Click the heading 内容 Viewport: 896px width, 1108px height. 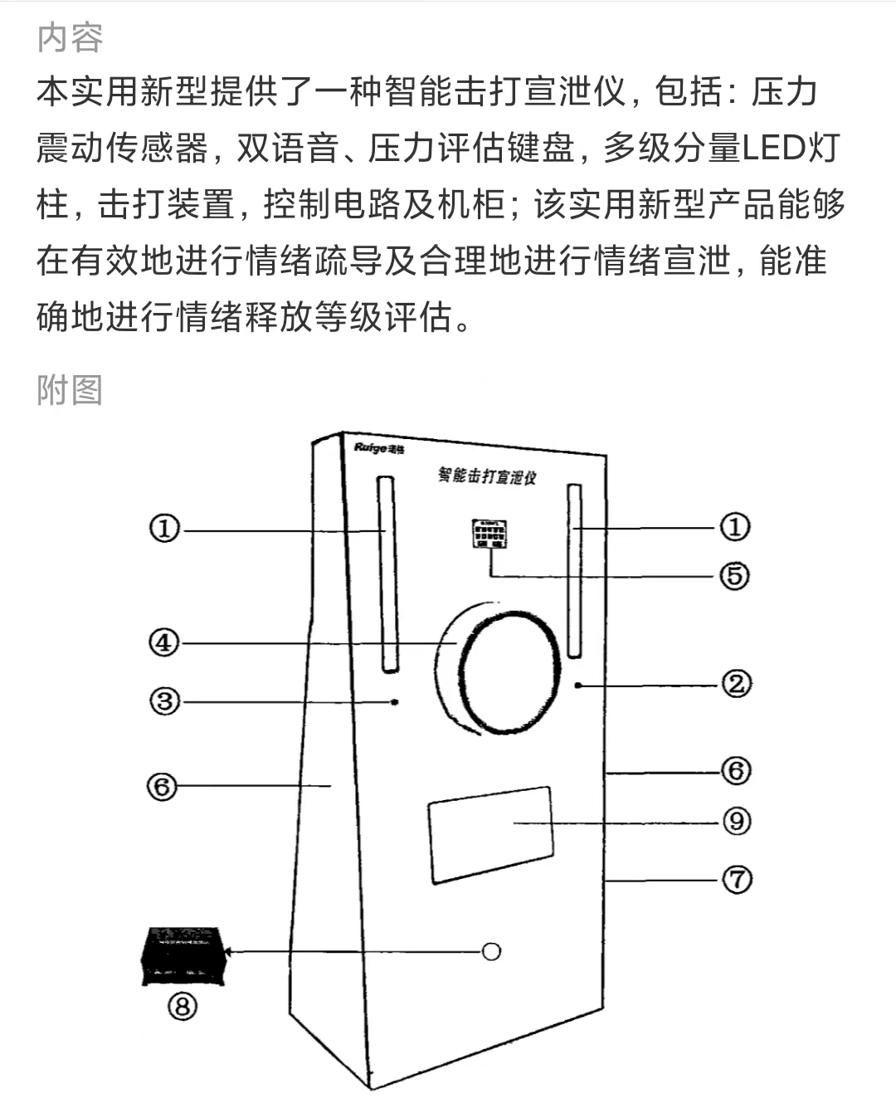coord(70,38)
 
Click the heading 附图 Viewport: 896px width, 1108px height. coord(70,390)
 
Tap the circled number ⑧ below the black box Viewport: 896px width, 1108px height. coord(183,1006)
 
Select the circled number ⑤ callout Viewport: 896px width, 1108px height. coord(734,575)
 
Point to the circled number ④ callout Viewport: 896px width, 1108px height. coord(164,642)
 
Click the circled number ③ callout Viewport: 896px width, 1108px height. coord(164,701)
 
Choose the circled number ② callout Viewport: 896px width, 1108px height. coord(736,685)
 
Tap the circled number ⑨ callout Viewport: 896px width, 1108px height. coord(736,822)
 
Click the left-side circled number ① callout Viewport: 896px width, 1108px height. coord(164,529)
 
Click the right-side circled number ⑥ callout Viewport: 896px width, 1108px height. coord(736,771)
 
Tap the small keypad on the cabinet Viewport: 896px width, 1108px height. coord(489,534)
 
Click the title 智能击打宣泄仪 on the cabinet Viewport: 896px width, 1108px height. coord(487,476)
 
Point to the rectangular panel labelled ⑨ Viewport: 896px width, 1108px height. coord(489,834)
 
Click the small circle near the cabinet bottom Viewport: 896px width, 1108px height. coord(492,951)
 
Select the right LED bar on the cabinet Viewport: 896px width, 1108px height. coord(574,569)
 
